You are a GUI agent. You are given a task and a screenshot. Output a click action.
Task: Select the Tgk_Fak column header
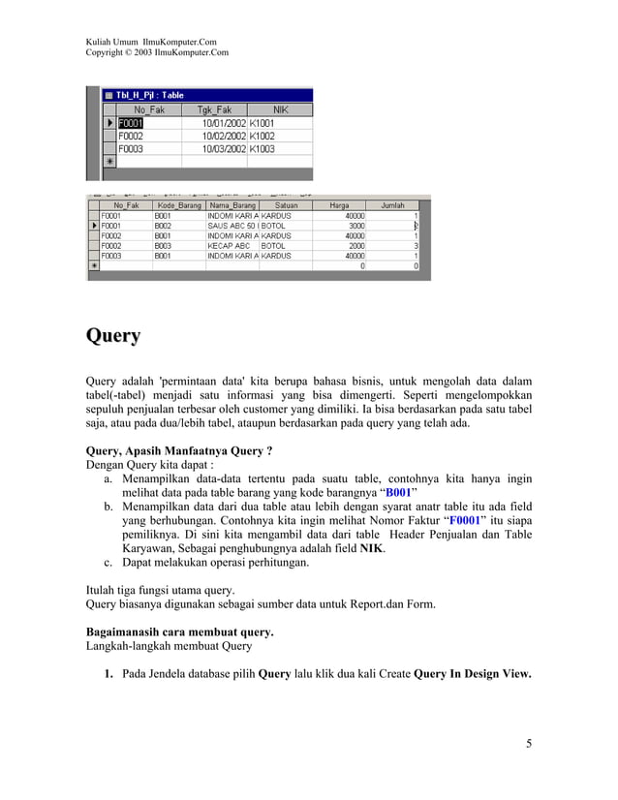[x=214, y=110]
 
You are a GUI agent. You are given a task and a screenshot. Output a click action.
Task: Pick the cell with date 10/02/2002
[x=224, y=137]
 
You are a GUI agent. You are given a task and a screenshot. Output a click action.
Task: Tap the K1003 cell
[x=263, y=149]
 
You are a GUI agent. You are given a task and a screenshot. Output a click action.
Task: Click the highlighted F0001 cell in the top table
[x=132, y=124]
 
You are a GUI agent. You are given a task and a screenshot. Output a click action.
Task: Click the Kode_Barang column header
[x=178, y=205]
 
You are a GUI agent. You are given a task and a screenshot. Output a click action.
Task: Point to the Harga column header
[x=339, y=205]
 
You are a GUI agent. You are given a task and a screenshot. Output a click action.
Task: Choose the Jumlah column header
[x=392, y=205]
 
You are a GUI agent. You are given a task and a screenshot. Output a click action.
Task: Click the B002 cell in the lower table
[x=164, y=226]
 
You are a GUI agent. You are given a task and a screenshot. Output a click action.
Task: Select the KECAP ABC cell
[x=229, y=246]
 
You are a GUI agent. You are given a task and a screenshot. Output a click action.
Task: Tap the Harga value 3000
[x=356, y=226]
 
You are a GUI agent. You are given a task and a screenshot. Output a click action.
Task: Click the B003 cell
[x=164, y=246]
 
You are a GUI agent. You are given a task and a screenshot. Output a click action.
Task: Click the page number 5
[x=528, y=744]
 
